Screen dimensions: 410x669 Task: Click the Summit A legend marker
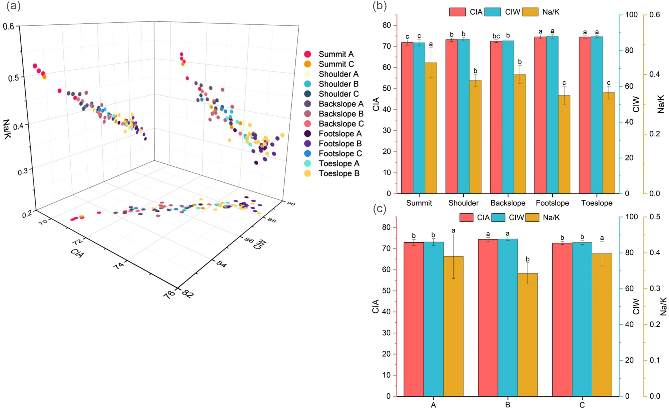click(x=307, y=54)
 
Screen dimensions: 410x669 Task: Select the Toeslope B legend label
click(x=339, y=173)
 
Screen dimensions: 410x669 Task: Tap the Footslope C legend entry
click(x=340, y=153)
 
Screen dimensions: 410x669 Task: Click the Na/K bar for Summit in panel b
click(x=431, y=128)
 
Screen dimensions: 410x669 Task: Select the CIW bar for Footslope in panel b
click(x=552, y=115)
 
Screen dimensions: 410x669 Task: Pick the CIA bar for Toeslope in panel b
click(x=585, y=115)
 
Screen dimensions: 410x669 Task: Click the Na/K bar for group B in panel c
click(x=527, y=334)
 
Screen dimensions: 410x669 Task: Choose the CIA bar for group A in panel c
click(x=414, y=319)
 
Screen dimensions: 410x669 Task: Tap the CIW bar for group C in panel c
click(x=582, y=319)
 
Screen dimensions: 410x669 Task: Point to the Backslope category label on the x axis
click(x=508, y=203)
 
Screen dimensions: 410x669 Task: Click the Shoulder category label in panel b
click(x=463, y=203)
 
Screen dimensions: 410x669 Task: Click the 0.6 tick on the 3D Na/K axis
click(x=9, y=26)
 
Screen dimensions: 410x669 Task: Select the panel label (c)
click(x=380, y=209)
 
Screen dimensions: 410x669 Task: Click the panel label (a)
click(x=13, y=6)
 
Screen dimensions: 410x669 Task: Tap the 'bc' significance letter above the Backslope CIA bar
click(x=496, y=36)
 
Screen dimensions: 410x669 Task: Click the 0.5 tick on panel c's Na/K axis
click(x=655, y=217)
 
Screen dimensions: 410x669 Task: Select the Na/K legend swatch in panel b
click(x=530, y=12)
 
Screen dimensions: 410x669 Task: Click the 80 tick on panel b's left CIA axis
click(x=387, y=25)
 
